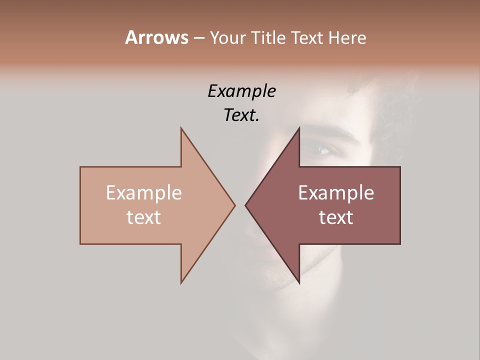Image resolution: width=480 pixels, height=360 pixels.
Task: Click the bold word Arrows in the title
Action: [156, 37]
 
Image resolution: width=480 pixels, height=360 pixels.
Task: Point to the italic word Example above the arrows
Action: [241, 91]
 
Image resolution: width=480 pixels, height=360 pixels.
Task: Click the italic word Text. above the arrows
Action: [241, 115]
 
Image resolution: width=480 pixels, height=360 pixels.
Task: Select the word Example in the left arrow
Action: [144, 192]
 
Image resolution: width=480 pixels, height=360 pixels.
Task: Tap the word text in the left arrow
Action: [144, 217]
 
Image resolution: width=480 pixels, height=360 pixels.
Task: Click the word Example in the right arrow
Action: [336, 192]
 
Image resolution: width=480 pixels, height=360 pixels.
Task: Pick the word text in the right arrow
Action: [336, 217]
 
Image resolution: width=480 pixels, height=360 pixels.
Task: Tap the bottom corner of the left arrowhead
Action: [181, 282]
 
